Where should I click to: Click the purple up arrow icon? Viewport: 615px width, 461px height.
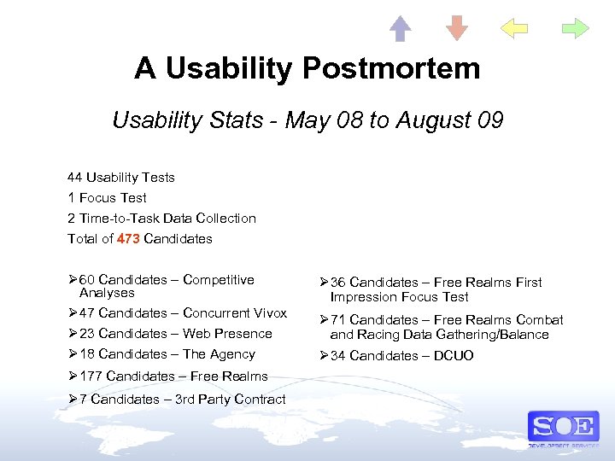pyautogui.click(x=401, y=29)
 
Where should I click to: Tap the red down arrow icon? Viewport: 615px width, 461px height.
pyautogui.click(x=458, y=29)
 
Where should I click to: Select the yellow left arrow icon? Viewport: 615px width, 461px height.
pyautogui.click(x=514, y=29)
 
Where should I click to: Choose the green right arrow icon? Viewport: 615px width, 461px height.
pyautogui.click(x=575, y=29)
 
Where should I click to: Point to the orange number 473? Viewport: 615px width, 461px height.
pyautogui.click(x=128, y=239)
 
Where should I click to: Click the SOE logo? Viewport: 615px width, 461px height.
pyautogui.click(x=563, y=426)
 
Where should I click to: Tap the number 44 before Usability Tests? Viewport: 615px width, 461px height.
pyautogui.click(x=75, y=178)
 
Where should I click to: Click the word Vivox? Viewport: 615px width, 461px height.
pyautogui.click(x=269, y=313)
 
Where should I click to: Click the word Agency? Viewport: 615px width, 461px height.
pyautogui.click(x=231, y=354)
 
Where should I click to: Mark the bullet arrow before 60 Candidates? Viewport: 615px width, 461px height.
pyautogui.click(x=72, y=280)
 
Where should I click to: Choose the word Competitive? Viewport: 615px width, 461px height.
pyautogui.click(x=219, y=280)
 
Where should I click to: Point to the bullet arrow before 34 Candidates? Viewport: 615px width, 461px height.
pyautogui.click(x=324, y=356)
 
